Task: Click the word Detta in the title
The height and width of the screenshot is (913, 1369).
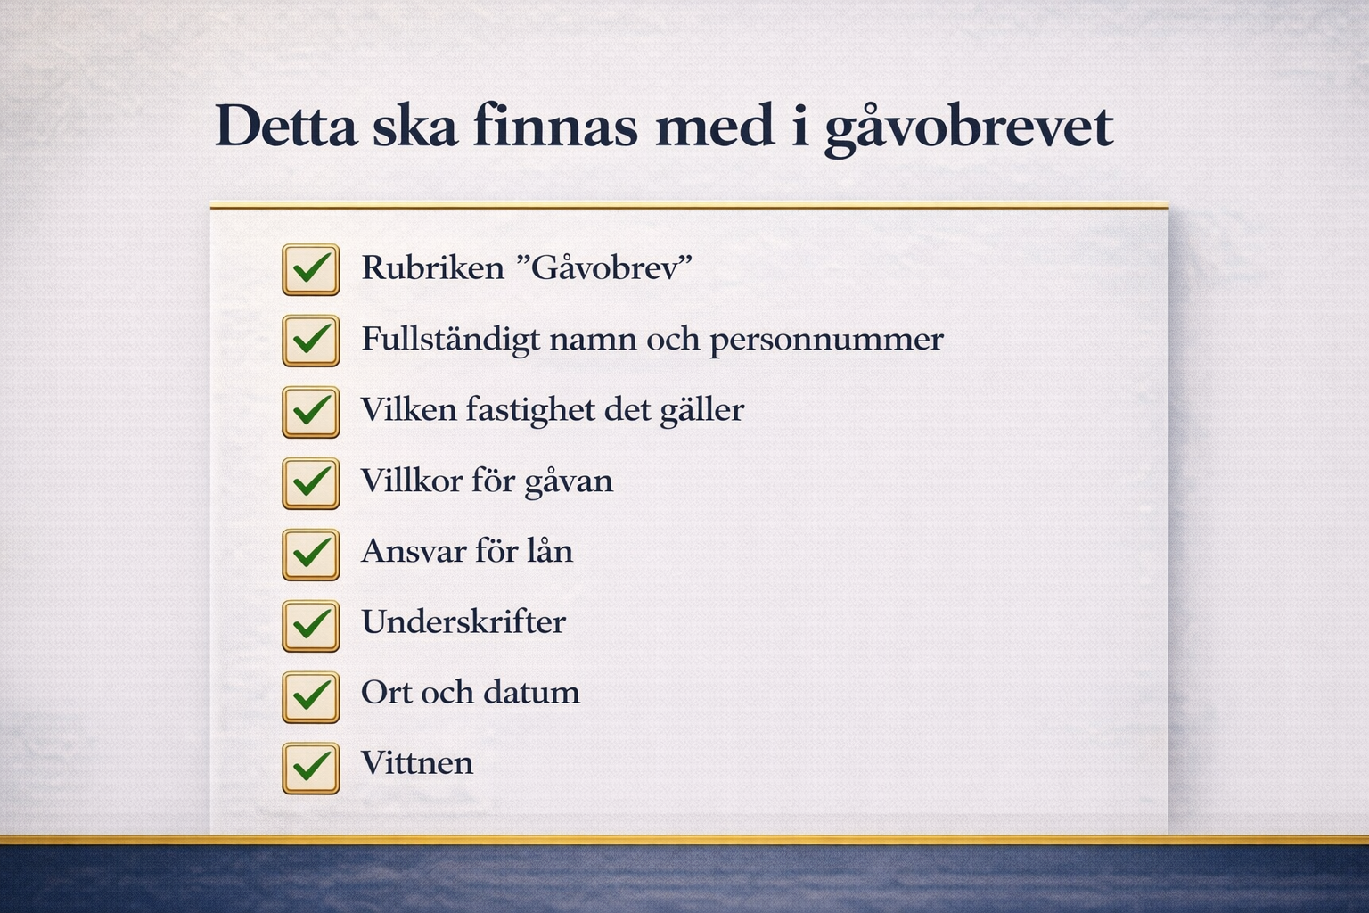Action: [x=286, y=126]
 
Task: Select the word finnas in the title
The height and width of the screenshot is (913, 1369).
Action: [x=555, y=125]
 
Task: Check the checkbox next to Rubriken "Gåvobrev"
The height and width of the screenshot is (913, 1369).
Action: [x=310, y=269]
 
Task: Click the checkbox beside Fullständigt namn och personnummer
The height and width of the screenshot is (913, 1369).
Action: [x=310, y=341]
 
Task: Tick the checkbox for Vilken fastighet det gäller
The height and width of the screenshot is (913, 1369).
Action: [x=310, y=412]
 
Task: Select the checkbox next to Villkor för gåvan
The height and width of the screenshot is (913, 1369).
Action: [x=310, y=483]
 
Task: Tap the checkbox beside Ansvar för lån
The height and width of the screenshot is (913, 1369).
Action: [x=310, y=554]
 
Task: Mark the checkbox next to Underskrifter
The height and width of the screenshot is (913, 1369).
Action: [x=310, y=626]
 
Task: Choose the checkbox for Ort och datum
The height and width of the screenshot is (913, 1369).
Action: [x=310, y=696]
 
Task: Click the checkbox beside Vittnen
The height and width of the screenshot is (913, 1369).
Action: [x=310, y=768]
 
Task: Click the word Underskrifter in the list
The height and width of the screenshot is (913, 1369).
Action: [x=463, y=622]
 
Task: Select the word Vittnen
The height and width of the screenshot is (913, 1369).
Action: [x=417, y=763]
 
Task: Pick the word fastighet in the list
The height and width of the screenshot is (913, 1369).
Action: [x=530, y=410]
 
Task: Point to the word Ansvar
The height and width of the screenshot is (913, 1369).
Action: [x=414, y=552]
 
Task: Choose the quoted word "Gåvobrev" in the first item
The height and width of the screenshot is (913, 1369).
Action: [x=604, y=267]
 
